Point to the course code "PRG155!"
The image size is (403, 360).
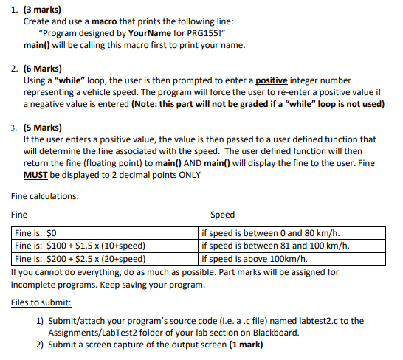pos(196,34)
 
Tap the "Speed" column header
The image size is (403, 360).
pos(222,215)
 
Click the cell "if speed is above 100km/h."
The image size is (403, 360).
pos(254,258)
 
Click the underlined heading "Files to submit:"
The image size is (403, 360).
pos(41,303)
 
